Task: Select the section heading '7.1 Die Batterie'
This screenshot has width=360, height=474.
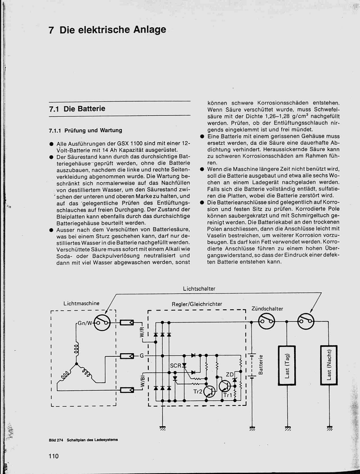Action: coord(77,109)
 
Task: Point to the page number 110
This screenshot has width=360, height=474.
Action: coord(54,456)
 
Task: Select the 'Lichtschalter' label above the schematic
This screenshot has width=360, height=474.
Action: coord(199,289)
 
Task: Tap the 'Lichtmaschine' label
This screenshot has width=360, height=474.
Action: coord(82,304)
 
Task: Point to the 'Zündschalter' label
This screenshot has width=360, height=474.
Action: coord(267,308)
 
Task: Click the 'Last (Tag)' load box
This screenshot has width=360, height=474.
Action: coord(287,365)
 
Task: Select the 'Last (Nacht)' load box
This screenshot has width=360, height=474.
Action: coord(329,365)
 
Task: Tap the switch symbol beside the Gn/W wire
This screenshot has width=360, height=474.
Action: coord(102,322)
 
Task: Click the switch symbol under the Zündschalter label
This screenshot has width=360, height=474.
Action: coord(266,321)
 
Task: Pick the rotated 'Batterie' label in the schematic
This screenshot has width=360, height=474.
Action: coord(261,365)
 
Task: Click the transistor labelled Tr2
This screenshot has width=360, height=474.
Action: coord(209,392)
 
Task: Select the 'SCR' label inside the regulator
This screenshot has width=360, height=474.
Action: coord(175,366)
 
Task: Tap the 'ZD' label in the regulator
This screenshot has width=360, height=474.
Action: coord(229,374)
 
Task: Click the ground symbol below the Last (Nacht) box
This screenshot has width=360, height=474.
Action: coord(329,428)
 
